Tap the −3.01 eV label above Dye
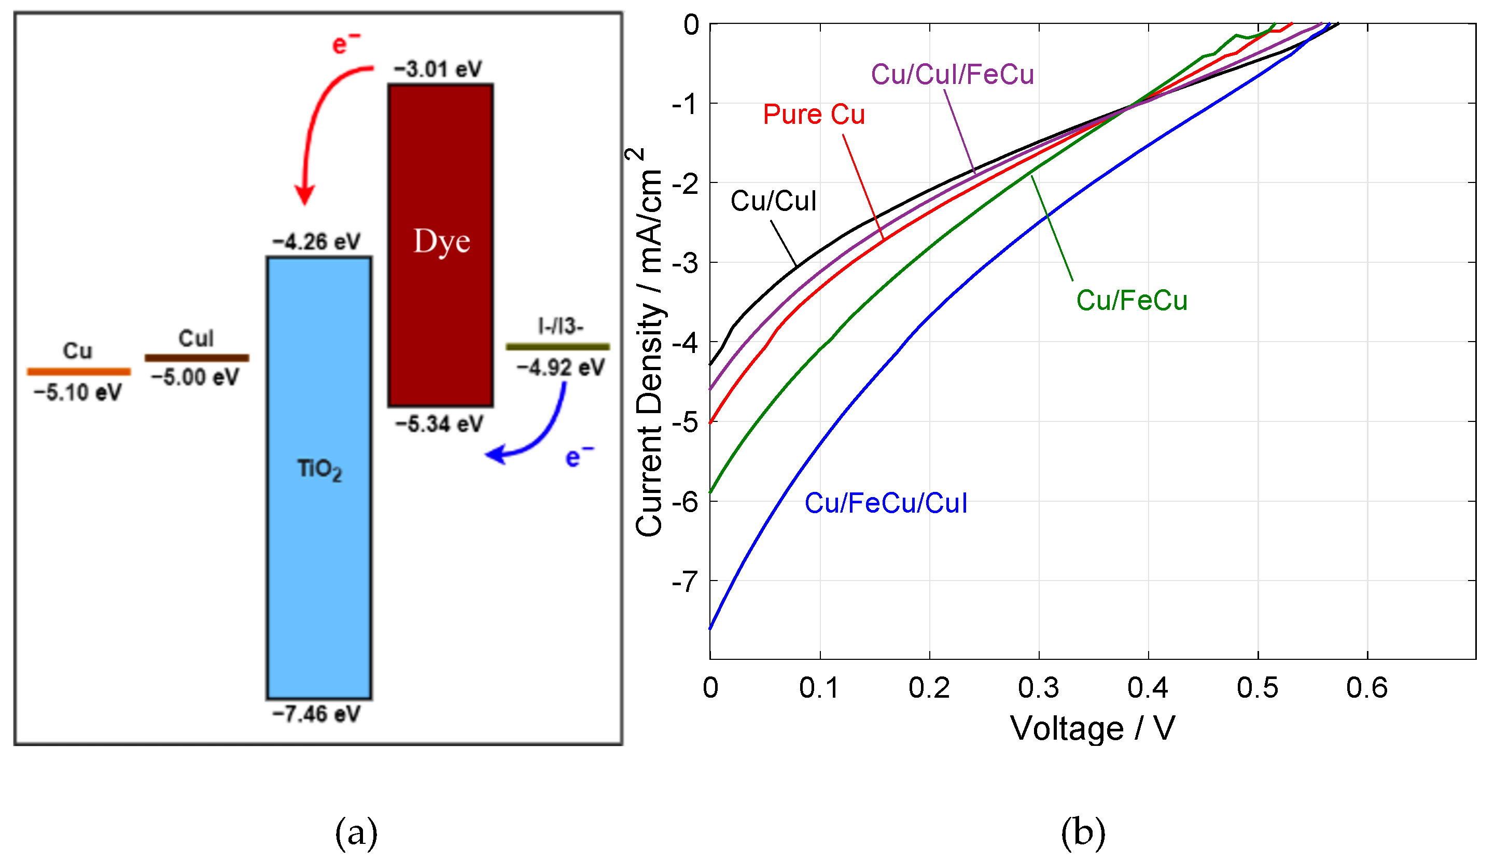438,69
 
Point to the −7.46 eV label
316,714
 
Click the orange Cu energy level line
79,372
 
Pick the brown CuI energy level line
197,358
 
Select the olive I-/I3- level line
557,347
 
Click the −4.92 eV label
560,368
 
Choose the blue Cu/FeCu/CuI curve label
886,503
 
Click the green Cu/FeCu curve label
1131,301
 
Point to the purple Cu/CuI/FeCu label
952,75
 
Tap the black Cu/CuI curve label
773,201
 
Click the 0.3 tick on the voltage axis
1039,688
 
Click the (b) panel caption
1083,832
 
